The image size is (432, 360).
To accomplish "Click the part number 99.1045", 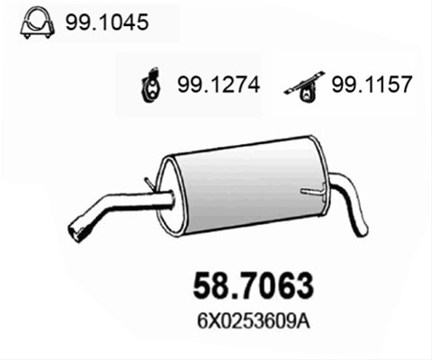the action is (107, 22).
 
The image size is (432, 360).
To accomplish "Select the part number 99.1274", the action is (219, 85).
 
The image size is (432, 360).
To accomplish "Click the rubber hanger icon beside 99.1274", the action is (150, 85).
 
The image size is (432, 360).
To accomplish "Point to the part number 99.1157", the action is (372, 84).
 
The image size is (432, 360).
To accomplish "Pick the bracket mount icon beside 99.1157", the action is (304, 86).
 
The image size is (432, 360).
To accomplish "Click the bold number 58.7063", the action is (253, 285).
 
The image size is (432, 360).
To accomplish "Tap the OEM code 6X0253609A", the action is (254, 322).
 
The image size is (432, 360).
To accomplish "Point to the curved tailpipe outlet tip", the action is (363, 229).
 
